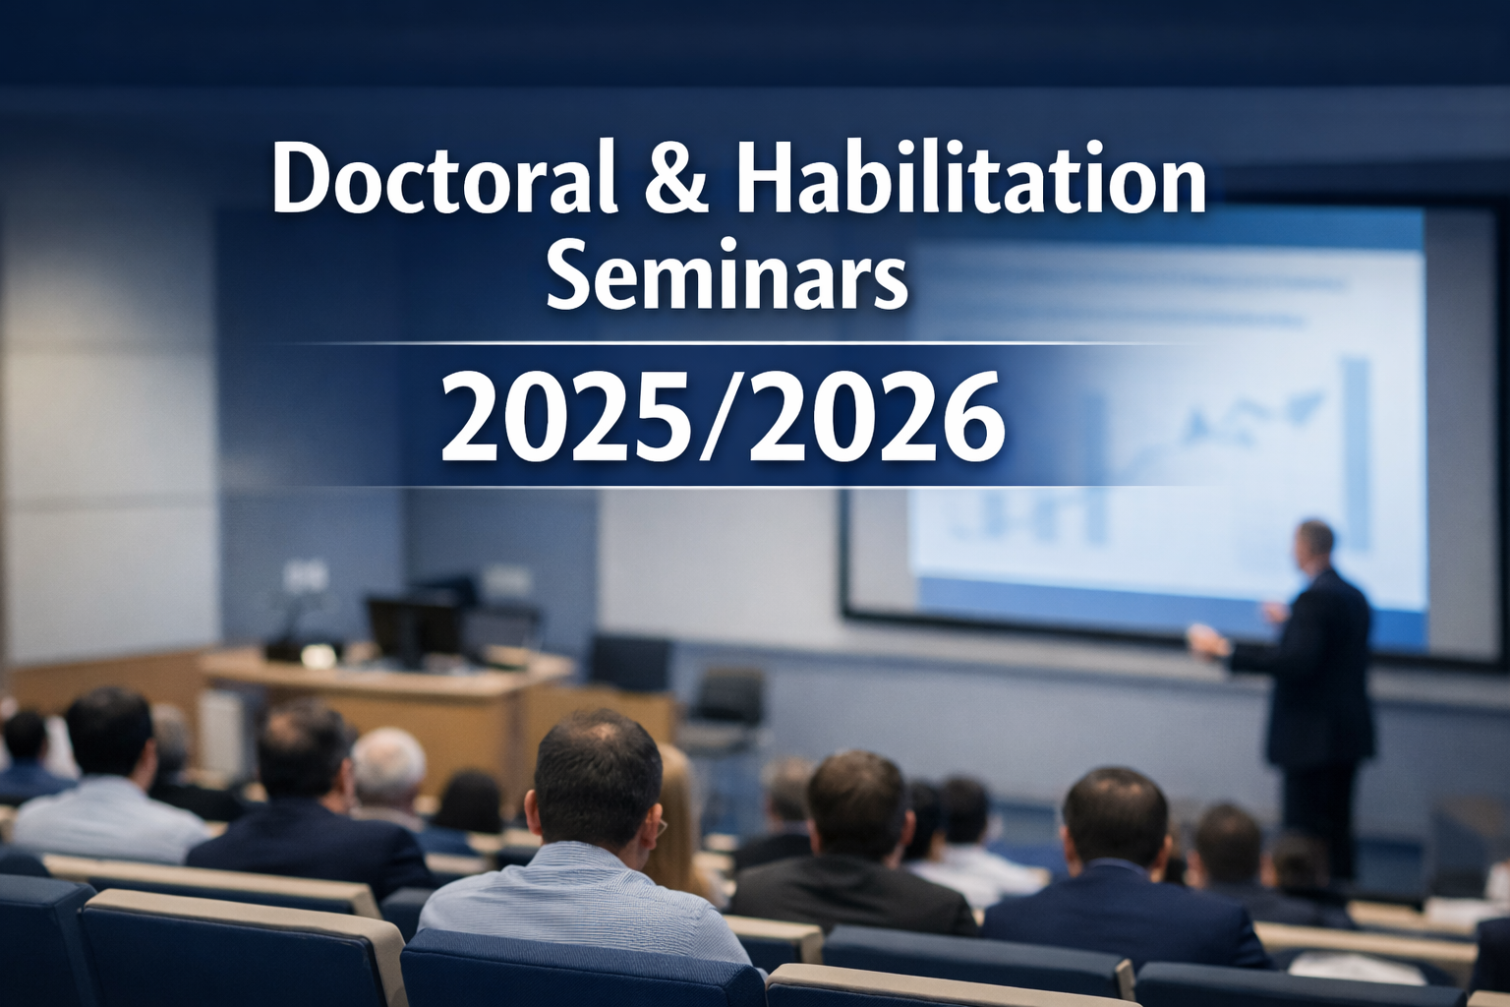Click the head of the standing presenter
click(x=1315, y=545)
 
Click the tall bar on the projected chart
click(x=1358, y=453)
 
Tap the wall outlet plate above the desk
click(x=306, y=574)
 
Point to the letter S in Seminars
click(x=568, y=276)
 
